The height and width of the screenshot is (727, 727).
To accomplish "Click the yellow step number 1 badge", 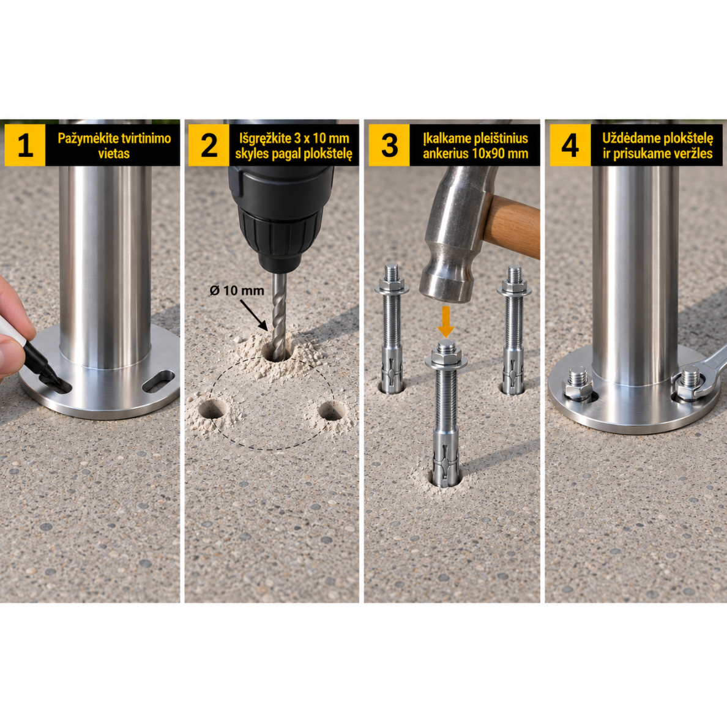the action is [x=25, y=145].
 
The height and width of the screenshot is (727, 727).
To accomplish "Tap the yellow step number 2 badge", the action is [x=209, y=145].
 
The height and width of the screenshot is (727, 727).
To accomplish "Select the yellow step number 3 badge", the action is [x=389, y=145].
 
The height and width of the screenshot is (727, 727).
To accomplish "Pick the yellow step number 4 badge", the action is [x=570, y=145].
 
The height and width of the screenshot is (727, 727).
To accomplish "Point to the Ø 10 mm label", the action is [x=237, y=291].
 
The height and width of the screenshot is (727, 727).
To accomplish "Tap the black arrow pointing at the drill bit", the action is [x=253, y=315].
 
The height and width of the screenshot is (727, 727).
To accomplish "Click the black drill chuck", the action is [x=281, y=236].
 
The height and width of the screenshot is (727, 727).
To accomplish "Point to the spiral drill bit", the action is [x=279, y=315].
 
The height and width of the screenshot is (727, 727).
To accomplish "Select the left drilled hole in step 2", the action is [x=212, y=408].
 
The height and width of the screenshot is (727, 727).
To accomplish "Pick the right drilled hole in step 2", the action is [x=331, y=411].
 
